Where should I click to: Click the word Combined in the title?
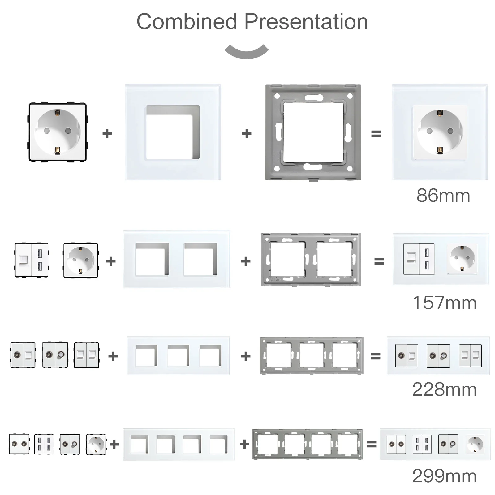pyautogui.click(x=187, y=22)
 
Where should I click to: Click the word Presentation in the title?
pyautogui.click(x=306, y=22)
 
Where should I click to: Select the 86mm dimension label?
pyautogui.click(x=443, y=196)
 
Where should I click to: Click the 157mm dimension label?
pyautogui.click(x=444, y=303)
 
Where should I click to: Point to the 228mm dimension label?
pyautogui.click(x=444, y=389)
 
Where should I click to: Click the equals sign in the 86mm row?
pyautogui.click(x=376, y=134)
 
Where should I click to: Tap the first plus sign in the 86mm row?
pyautogui.click(x=107, y=134)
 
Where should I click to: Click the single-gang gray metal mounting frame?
pyautogui.click(x=313, y=132)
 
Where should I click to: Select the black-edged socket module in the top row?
pyautogui.click(x=58, y=132)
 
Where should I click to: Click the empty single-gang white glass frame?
pyautogui.click(x=173, y=132)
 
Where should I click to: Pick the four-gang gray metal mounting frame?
pyautogui.click(x=308, y=444)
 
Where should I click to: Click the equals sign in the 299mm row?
pyautogui.click(x=371, y=444)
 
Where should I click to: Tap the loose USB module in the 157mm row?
pyautogui.click(x=32, y=260)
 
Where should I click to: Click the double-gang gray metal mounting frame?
pyautogui.click(x=311, y=259)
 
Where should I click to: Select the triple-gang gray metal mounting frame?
pyautogui.click(x=311, y=355)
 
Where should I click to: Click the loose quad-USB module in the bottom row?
pyautogui.click(x=44, y=444)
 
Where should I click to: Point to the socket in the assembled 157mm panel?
pyautogui.click(x=462, y=259)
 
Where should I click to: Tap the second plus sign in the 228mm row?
pyautogui.click(x=246, y=356)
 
